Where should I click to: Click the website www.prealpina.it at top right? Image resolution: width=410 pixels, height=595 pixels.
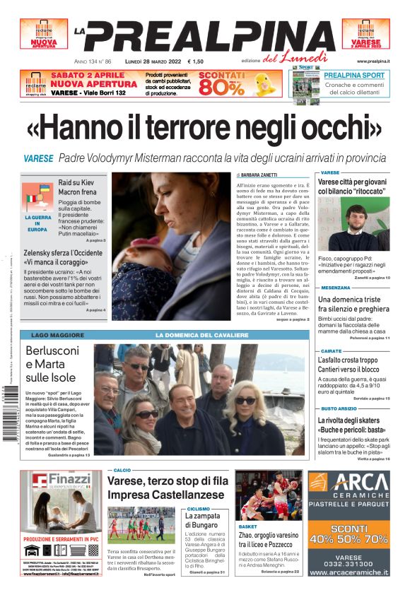[373, 61]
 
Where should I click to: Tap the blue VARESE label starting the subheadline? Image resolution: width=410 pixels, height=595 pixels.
[38, 158]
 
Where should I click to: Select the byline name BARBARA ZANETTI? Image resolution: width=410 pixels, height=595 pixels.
[261, 175]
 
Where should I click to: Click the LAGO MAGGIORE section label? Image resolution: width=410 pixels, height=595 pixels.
[51, 334]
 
